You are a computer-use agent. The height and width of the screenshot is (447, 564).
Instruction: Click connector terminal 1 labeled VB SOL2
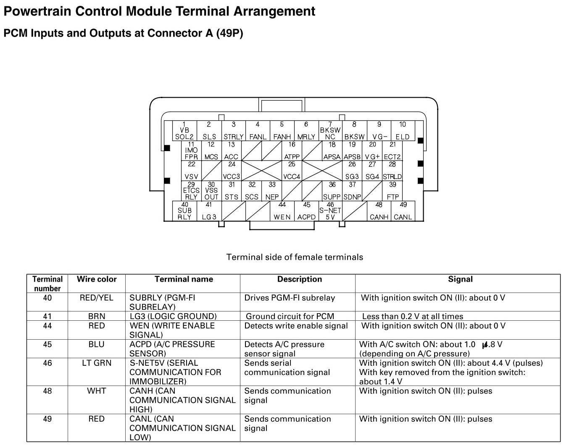184,131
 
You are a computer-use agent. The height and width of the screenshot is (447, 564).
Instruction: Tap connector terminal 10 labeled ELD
403,131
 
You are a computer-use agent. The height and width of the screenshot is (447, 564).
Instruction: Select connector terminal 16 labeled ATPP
292,151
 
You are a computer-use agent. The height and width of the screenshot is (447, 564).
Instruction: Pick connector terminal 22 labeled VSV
191,171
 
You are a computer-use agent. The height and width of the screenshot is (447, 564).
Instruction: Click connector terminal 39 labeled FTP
393,191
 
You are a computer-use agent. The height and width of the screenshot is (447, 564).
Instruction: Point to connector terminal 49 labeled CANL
403,211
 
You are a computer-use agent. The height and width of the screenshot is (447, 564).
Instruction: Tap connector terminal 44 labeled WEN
282,211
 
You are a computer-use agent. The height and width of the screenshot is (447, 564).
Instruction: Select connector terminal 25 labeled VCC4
292,171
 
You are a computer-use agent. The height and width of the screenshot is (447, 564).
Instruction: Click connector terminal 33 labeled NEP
272,191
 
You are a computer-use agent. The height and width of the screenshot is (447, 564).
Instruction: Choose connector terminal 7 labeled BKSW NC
330,131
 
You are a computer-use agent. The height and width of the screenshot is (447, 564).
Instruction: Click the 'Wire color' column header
97,279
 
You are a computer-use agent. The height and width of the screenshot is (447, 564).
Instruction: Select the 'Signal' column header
460,279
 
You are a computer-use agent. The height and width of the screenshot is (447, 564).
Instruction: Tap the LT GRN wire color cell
97,363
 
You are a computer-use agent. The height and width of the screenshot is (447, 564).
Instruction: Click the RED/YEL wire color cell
97,298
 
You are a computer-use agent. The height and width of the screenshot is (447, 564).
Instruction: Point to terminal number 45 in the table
47,344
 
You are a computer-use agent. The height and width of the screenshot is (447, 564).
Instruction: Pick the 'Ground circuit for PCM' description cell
290,316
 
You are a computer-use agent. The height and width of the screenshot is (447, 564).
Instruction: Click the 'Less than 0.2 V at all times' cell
412,316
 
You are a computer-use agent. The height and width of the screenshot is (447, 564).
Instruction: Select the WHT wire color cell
97,391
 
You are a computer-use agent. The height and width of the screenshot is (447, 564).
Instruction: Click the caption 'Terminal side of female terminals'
295,257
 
